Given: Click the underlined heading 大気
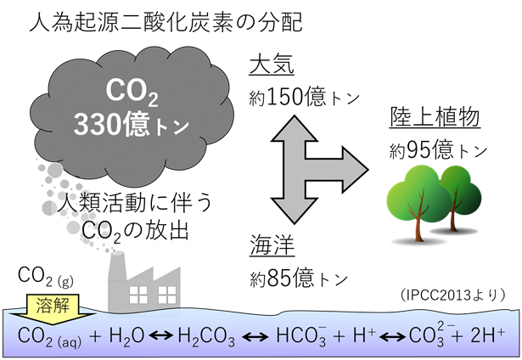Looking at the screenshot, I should tap(268, 65).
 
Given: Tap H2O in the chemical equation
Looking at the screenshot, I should tap(126, 335).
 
